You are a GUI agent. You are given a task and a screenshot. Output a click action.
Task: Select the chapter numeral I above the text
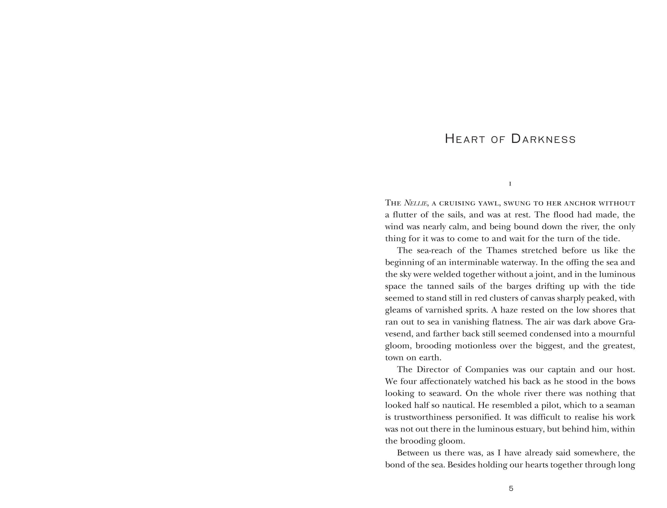point(510,184)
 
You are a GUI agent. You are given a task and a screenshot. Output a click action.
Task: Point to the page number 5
point(511,488)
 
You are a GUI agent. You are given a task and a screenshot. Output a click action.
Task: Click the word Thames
point(502,250)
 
